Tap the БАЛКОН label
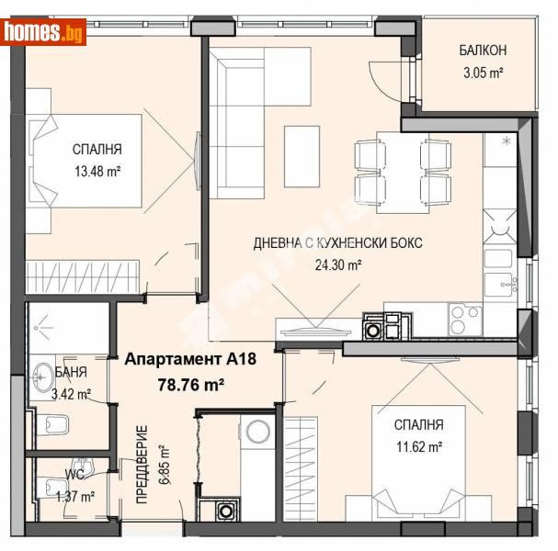click(484, 51)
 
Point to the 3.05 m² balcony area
click(484, 72)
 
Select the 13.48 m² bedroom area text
click(97, 170)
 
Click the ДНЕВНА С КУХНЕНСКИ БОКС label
click(338, 243)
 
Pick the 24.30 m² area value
click(336, 264)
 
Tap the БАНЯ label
click(72, 373)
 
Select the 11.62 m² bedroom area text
click(418, 446)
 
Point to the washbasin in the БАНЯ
click(42, 375)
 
